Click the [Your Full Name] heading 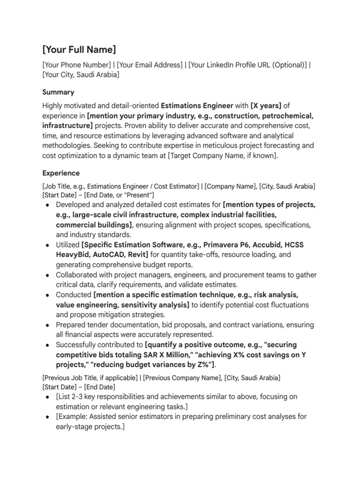tap(79, 50)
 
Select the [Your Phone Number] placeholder tap(76, 65)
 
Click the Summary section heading tap(58, 92)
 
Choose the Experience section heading tap(61, 173)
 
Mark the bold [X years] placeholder tap(266, 105)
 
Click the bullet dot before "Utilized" tap(48, 245)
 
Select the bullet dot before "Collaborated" tap(48, 275)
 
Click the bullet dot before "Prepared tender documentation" tap(48, 325)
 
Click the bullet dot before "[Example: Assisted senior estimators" tap(48, 417)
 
